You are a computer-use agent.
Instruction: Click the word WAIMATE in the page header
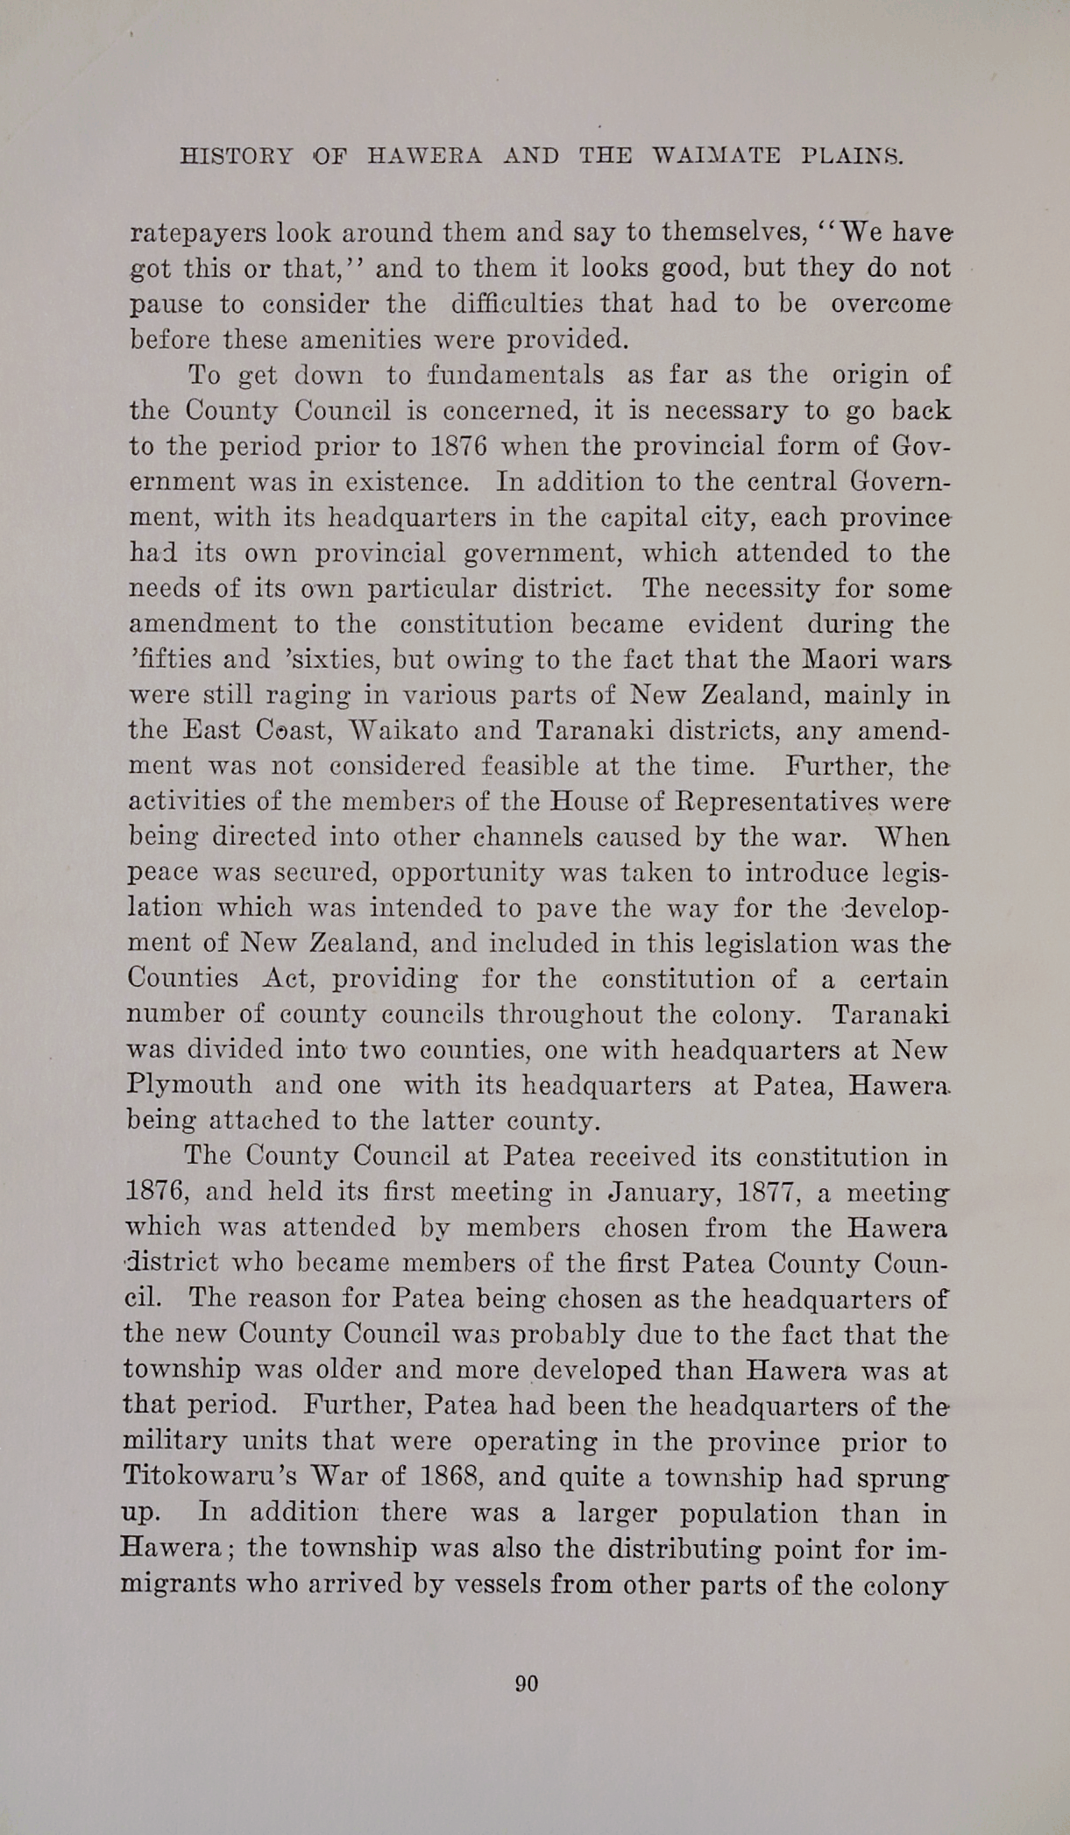[x=717, y=157]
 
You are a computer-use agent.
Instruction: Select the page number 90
[x=527, y=1683]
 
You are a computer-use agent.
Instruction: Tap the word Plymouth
[x=189, y=1084]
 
